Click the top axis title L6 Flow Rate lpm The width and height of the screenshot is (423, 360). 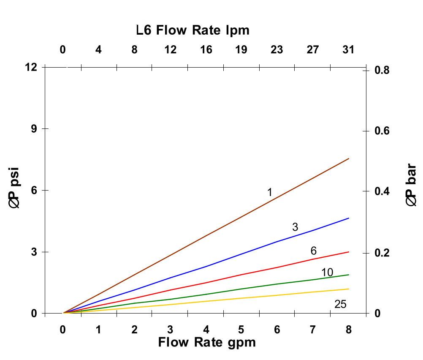pyautogui.click(x=193, y=30)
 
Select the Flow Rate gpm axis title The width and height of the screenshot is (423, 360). pyautogui.click(x=207, y=342)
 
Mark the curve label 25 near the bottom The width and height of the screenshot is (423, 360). pyautogui.click(x=340, y=304)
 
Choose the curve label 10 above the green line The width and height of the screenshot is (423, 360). pyautogui.click(x=327, y=273)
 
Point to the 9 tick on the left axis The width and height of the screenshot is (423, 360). pyautogui.click(x=34, y=128)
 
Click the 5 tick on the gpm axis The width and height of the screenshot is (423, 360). pyautogui.click(x=241, y=330)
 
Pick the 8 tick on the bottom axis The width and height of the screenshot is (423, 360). pyautogui.click(x=348, y=330)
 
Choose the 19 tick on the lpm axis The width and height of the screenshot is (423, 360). pyautogui.click(x=241, y=50)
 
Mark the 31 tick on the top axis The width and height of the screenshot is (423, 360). pyautogui.click(x=348, y=50)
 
